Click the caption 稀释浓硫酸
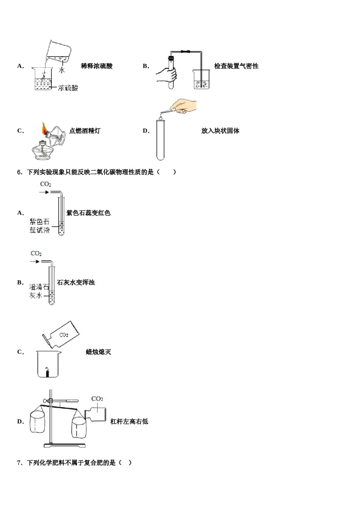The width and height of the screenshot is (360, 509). click(x=97, y=66)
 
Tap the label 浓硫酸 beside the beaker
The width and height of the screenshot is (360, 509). click(x=68, y=88)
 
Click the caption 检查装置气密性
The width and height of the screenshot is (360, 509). click(x=236, y=66)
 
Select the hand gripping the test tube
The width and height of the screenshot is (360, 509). click(x=167, y=74)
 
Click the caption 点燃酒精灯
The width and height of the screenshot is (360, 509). click(x=85, y=131)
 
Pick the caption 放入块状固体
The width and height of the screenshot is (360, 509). click(x=220, y=131)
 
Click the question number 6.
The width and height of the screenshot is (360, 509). click(x=20, y=172)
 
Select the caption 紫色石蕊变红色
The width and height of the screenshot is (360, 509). click(x=88, y=213)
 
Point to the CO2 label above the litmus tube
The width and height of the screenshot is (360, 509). click(x=45, y=184)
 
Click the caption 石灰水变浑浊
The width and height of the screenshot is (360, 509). click(x=75, y=283)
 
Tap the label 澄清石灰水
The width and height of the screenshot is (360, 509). click(x=39, y=291)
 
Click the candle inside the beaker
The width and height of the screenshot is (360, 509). click(x=48, y=373)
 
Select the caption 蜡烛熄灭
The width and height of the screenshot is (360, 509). click(x=98, y=352)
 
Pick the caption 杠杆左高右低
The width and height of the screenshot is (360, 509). click(x=129, y=422)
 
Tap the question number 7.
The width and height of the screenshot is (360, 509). click(x=20, y=463)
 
